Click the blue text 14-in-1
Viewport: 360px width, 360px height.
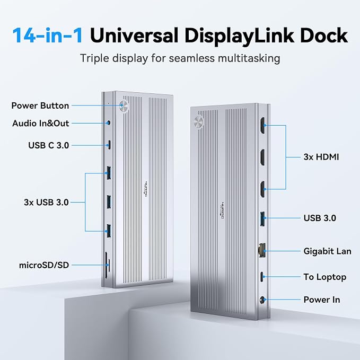pyautogui.click(x=48, y=35)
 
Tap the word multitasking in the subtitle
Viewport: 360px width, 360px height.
pyautogui.click(x=249, y=58)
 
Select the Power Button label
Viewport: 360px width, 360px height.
pyautogui.click(x=40, y=106)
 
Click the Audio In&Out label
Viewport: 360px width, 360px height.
pyautogui.click(x=41, y=124)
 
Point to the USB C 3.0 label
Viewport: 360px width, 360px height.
pyautogui.click(x=48, y=145)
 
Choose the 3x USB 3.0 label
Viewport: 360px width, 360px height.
pyautogui.click(x=46, y=203)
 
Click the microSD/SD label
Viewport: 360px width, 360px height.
pyautogui.click(x=44, y=265)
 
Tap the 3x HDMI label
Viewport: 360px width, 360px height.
pyautogui.click(x=321, y=157)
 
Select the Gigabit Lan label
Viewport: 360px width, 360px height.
pyautogui.click(x=327, y=251)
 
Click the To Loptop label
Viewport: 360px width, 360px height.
pyautogui.click(x=325, y=277)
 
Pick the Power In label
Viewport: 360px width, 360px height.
pyautogui.click(x=322, y=300)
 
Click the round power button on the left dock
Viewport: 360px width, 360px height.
pyautogui.click(x=124, y=106)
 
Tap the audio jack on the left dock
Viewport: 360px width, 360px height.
pyautogui.click(x=109, y=123)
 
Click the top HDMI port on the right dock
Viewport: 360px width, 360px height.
pyautogui.click(x=262, y=125)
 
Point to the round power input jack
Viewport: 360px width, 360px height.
pyautogui.click(x=262, y=300)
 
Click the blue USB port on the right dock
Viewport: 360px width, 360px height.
pyautogui.click(x=262, y=218)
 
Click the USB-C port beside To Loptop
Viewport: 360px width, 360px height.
pyautogui.click(x=262, y=277)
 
